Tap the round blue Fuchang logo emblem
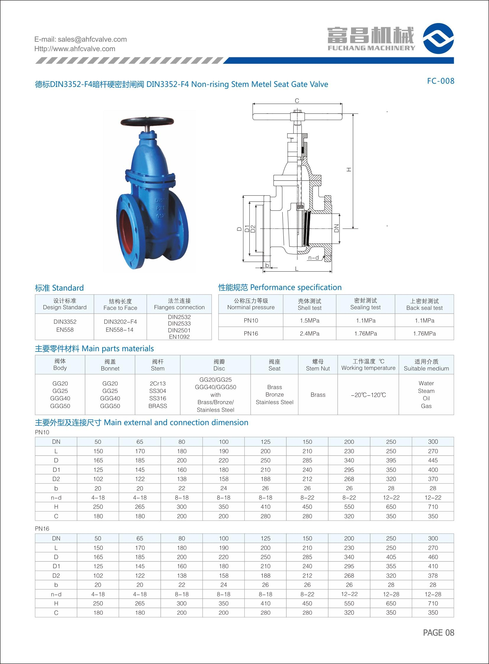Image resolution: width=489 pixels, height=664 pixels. pyautogui.click(x=438, y=38)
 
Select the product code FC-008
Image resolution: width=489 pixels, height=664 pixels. pyautogui.click(x=440, y=81)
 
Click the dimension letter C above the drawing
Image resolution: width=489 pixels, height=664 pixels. pyautogui.click(x=297, y=101)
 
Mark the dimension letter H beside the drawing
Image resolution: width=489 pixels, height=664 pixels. pyautogui.click(x=349, y=170)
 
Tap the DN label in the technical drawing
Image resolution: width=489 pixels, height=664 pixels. pyautogui.click(x=337, y=228)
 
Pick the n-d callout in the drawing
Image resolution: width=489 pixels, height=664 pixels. pyautogui.click(x=313, y=258)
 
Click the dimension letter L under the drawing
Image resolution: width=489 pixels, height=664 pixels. pyautogui.click(x=297, y=269)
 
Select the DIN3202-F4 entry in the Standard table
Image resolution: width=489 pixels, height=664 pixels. pyautogui.click(x=120, y=322)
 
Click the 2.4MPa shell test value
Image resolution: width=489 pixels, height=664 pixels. pyautogui.click(x=309, y=333)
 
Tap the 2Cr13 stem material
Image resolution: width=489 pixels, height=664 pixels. pyautogui.click(x=157, y=383)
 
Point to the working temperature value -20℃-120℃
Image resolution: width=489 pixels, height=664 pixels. pyautogui.click(x=368, y=395)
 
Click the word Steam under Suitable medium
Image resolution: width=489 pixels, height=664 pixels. pyautogui.click(x=426, y=391)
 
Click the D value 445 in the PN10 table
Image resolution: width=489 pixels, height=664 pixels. pyautogui.click(x=433, y=460)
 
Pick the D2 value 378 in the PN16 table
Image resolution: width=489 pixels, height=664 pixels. pyautogui.click(x=433, y=575)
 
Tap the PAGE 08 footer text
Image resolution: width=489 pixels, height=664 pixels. pyautogui.click(x=438, y=632)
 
